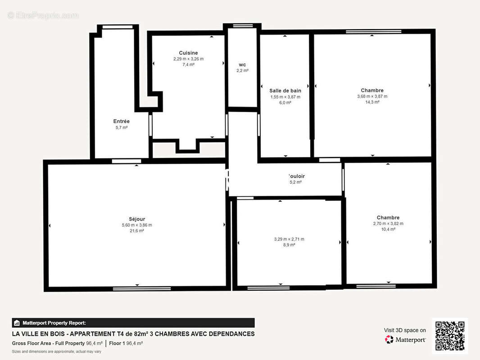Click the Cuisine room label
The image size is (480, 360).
[x=188, y=53]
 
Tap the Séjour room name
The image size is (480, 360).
[x=136, y=219]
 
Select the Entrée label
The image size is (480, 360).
[x=121, y=121]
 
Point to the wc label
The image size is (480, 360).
[x=242, y=65]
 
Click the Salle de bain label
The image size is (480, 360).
[x=285, y=91]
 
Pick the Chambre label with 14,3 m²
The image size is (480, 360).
[x=372, y=90]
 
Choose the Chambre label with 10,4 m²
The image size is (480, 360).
[x=388, y=218]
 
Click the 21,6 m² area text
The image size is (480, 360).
[x=136, y=231]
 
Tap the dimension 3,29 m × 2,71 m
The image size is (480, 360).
[x=289, y=239]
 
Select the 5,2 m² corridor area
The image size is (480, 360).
[x=295, y=182]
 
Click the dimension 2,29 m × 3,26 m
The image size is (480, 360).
[x=188, y=59]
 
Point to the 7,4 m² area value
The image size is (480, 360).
[x=188, y=65]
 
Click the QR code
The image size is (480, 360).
[x=450, y=336]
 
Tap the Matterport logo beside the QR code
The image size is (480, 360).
[x=405, y=340]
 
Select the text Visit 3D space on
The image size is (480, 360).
[x=405, y=330]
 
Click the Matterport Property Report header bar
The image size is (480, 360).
[x=133, y=323]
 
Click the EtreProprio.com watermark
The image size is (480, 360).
[x=43, y=16]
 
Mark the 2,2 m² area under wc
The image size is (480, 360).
[x=242, y=71]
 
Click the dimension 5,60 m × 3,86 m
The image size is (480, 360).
[x=136, y=225]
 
